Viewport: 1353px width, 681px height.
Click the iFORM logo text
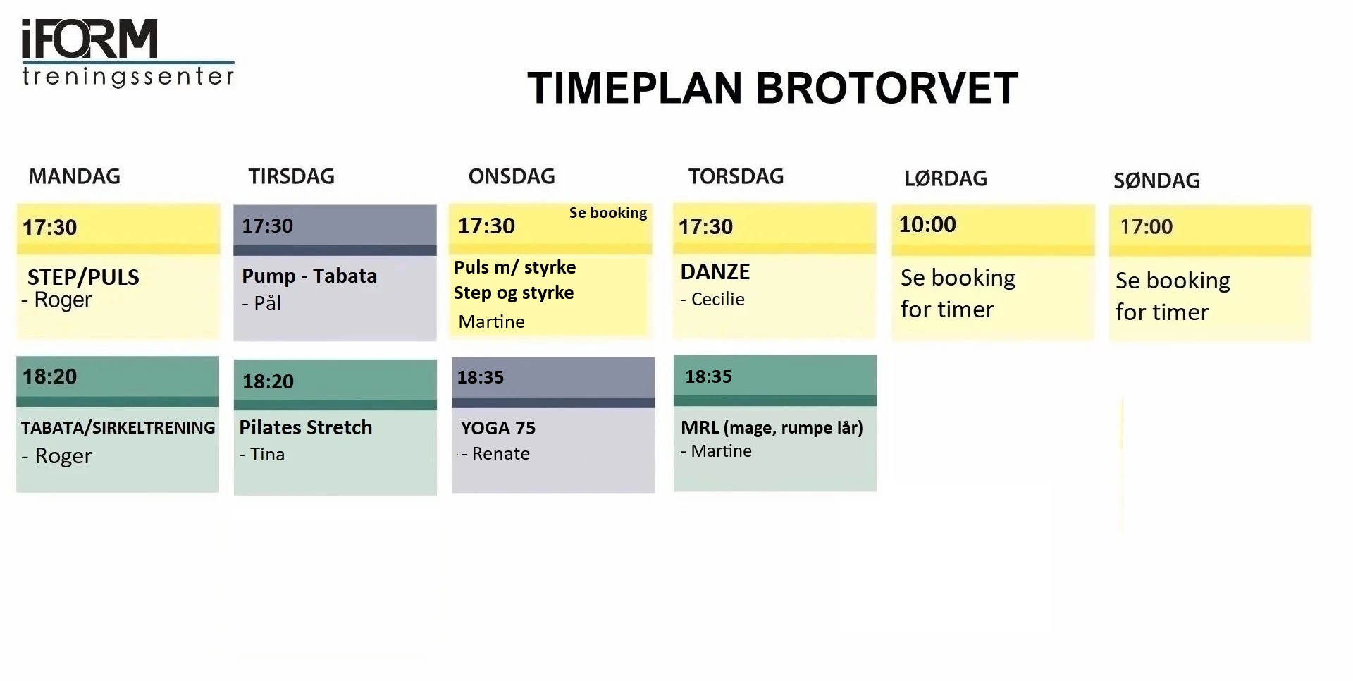pyautogui.click(x=89, y=39)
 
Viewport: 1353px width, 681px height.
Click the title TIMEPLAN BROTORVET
pyautogui.click(x=772, y=88)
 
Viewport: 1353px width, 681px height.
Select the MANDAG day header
pyautogui.click(x=75, y=176)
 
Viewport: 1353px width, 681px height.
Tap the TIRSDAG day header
pyautogui.click(x=291, y=176)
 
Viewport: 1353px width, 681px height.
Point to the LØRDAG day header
pyautogui.click(x=946, y=178)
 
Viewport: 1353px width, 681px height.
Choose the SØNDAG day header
pyautogui.click(x=1156, y=180)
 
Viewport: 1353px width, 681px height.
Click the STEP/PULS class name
pyautogui.click(x=83, y=277)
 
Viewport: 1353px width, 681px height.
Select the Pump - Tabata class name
pyautogui.click(x=309, y=276)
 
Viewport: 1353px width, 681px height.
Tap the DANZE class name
pyautogui.click(x=715, y=271)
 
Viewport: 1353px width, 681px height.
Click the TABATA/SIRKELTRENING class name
pyautogui.click(x=118, y=427)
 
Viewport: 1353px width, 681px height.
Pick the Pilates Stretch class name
pyautogui.click(x=305, y=427)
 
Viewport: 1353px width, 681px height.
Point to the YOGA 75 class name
pyautogui.click(x=498, y=428)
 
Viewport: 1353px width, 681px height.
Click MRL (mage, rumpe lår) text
pyautogui.click(x=772, y=428)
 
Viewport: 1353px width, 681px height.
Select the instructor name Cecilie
pyautogui.click(x=717, y=299)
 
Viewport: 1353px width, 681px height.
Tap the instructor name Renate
pyautogui.click(x=500, y=453)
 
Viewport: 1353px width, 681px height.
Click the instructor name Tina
pyautogui.click(x=267, y=454)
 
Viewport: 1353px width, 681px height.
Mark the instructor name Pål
pyautogui.click(x=267, y=302)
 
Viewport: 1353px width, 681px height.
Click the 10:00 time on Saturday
pyautogui.click(x=927, y=224)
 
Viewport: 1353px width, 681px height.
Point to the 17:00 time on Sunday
pyautogui.click(x=1147, y=226)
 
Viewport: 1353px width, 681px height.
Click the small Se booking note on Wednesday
pyautogui.click(x=608, y=213)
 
